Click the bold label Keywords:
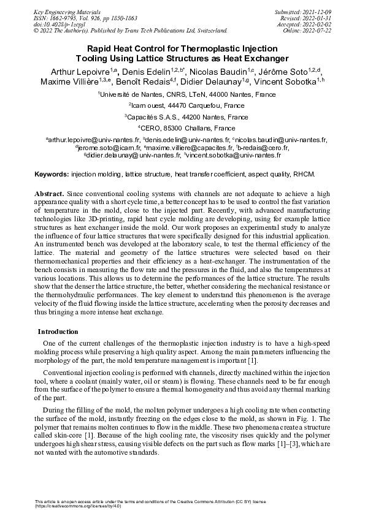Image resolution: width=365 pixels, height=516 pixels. click(52, 175)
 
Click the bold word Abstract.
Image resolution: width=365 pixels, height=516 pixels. click(48, 194)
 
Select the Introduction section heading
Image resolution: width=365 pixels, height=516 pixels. click(58, 332)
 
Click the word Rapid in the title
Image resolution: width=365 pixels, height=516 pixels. click(97, 49)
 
